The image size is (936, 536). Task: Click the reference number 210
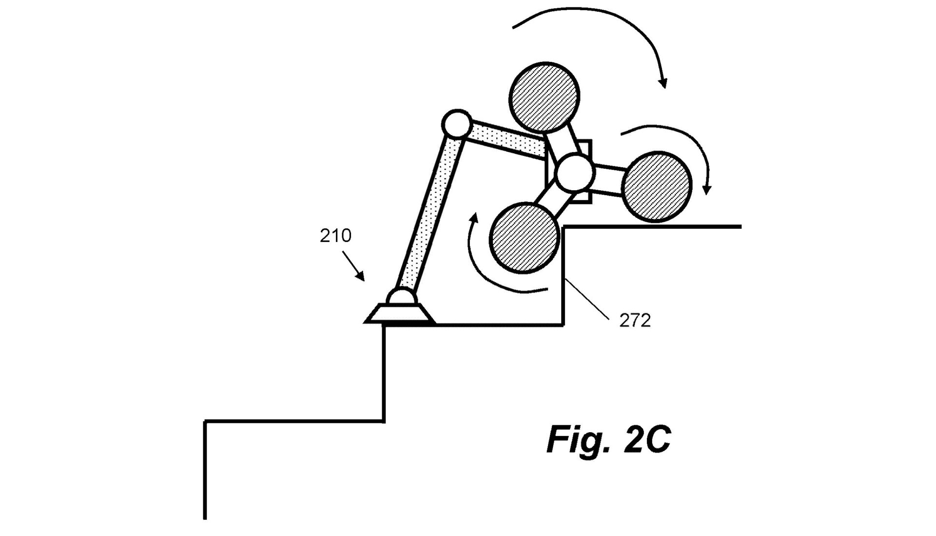(x=335, y=236)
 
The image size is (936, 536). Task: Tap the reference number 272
(x=635, y=320)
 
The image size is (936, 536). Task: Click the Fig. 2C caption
(x=608, y=439)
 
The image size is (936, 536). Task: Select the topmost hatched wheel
(x=544, y=97)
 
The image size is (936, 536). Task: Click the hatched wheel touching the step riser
(x=525, y=237)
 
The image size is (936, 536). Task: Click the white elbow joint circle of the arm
(x=456, y=124)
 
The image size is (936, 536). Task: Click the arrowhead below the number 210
(x=360, y=277)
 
